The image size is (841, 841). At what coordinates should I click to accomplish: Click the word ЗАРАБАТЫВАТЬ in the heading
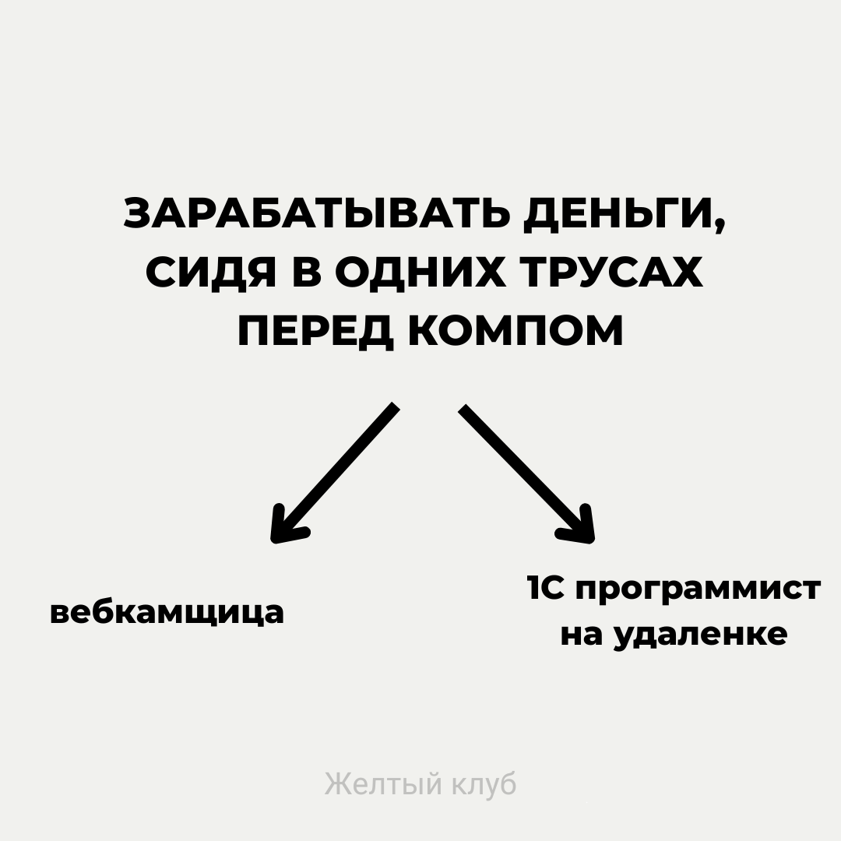tap(315, 214)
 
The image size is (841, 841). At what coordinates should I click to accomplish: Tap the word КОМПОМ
tap(516, 331)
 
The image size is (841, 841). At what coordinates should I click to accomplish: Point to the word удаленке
tap(700, 635)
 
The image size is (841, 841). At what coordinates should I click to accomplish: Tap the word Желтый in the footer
tap(383, 784)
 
